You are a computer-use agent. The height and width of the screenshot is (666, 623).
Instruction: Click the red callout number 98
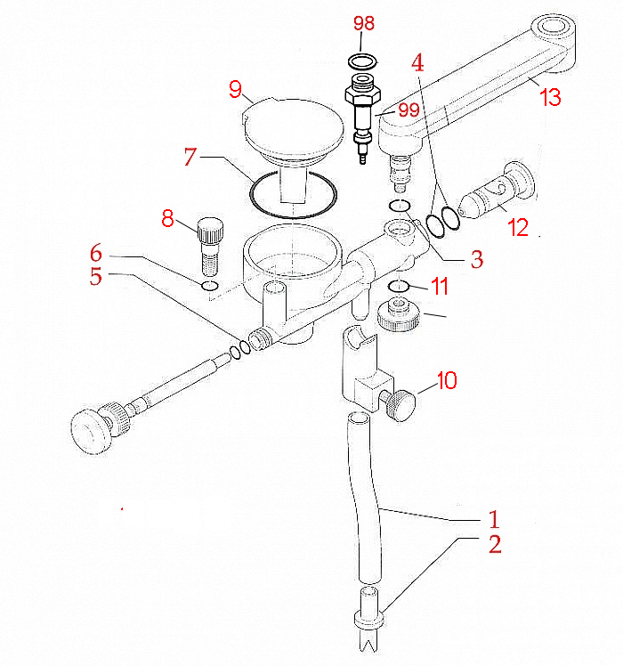[364, 23]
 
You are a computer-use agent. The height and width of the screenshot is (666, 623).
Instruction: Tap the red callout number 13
[550, 97]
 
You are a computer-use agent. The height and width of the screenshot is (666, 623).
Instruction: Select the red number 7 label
[190, 157]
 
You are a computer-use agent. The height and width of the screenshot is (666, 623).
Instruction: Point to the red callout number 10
[447, 380]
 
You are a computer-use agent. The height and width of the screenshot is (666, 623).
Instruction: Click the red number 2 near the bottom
[495, 544]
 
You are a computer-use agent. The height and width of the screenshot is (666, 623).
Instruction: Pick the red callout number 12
[518, 228]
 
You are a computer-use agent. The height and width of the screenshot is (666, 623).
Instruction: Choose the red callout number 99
[409, 110]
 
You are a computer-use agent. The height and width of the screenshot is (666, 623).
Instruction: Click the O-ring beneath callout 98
[362, 62]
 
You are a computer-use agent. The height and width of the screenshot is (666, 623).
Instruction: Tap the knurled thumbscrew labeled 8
[210, 247]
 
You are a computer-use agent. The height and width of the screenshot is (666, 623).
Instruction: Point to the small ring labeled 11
[399, 287]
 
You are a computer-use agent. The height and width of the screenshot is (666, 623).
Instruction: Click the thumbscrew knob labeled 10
[400, 406]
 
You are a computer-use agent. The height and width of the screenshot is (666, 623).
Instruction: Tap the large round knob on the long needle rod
[91, 432]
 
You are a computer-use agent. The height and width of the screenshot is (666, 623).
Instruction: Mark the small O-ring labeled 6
[210, 286]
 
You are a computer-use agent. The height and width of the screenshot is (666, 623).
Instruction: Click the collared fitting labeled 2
[369, 607]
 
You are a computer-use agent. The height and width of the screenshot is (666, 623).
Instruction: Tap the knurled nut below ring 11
[400, 315]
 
